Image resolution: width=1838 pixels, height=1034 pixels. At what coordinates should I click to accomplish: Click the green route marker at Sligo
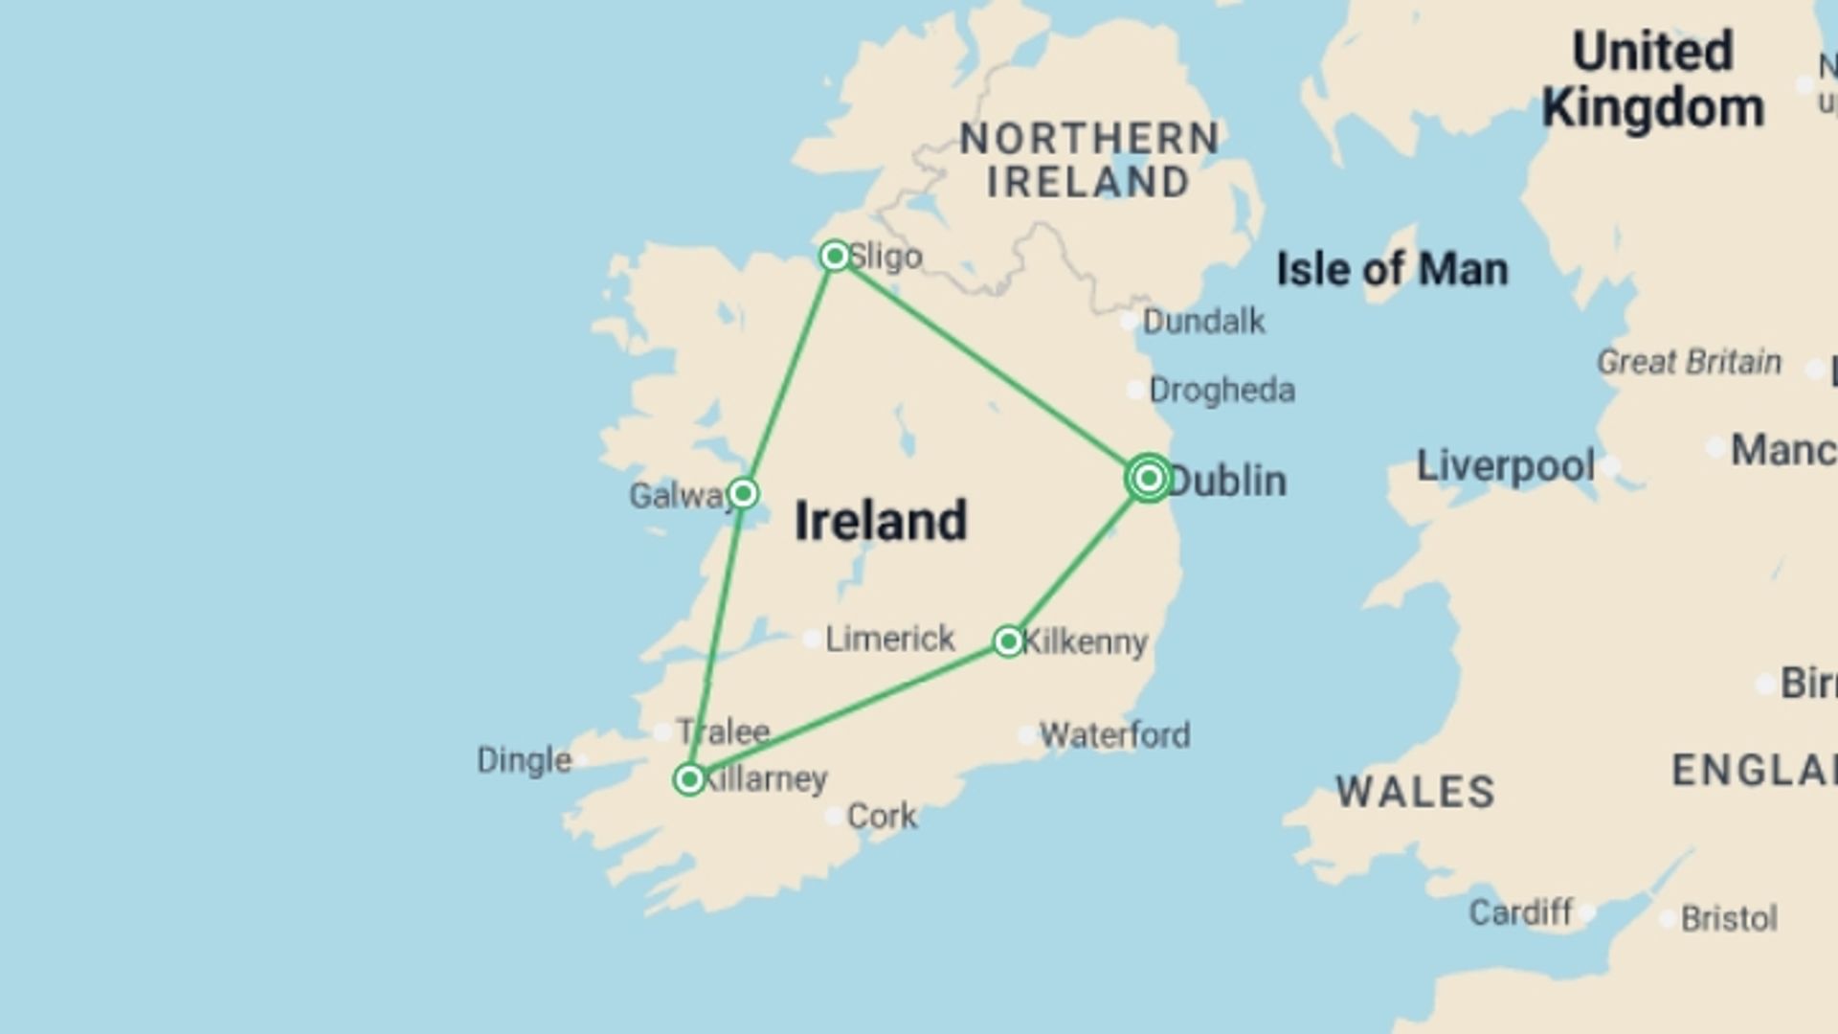pyautogui.click(x=835, y=256)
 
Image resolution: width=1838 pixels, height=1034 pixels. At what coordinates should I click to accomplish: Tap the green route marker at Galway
pyautogui.click(x=743, y=494)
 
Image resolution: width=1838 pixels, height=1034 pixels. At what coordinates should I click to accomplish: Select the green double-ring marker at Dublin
pyautogui.click(x=1149, y=478)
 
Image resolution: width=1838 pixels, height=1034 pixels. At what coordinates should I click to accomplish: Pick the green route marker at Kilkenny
pyautogui.click(x=1008, y=641)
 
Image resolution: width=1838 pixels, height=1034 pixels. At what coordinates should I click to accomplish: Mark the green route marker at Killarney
pyautogui.click(x=689, y=779)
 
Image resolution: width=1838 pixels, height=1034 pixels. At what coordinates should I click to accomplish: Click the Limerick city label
pyautogui.click(x=889, y=639)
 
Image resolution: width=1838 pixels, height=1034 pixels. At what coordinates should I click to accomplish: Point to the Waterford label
pyautogui.click(x=1114, y=735)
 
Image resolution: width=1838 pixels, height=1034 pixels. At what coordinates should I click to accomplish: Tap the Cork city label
pyautogui.click(x=882, y=817)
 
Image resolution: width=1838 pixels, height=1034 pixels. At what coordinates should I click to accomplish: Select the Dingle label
pyautogui.click(x=524, y=760)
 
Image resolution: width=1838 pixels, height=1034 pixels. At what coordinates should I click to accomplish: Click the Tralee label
pyautogui.click(x=724, y=731)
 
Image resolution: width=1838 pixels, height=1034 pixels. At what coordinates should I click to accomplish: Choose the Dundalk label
pyautogui.click(x=1203, y=322)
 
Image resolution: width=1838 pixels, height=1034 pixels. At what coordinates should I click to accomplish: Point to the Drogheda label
pyautogui.click(x=1222, y=391)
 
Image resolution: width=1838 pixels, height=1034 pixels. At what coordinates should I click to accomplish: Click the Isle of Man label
pyautogui.click(x=1392, y=269)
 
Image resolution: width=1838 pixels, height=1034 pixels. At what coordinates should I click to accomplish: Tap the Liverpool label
pyautogui.click(x=1505, y=466)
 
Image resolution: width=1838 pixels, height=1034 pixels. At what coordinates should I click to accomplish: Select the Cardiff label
pyautogui.click(x=1520, y=912)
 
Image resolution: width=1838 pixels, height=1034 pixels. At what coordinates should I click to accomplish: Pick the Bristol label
pyautogui.click(x=1729, y=918)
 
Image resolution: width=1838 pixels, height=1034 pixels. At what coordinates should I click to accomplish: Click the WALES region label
pyautogui.click(x=1415, y=792)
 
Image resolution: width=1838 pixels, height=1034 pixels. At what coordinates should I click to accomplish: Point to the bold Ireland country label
pyautogui.click(x=881, y=521)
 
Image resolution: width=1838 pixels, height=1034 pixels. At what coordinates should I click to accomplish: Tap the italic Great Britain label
pyautogui.click(x=1689, y=362)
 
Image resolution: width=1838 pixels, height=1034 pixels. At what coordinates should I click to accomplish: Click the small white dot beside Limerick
pyautogui.click(x=812, y=639)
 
